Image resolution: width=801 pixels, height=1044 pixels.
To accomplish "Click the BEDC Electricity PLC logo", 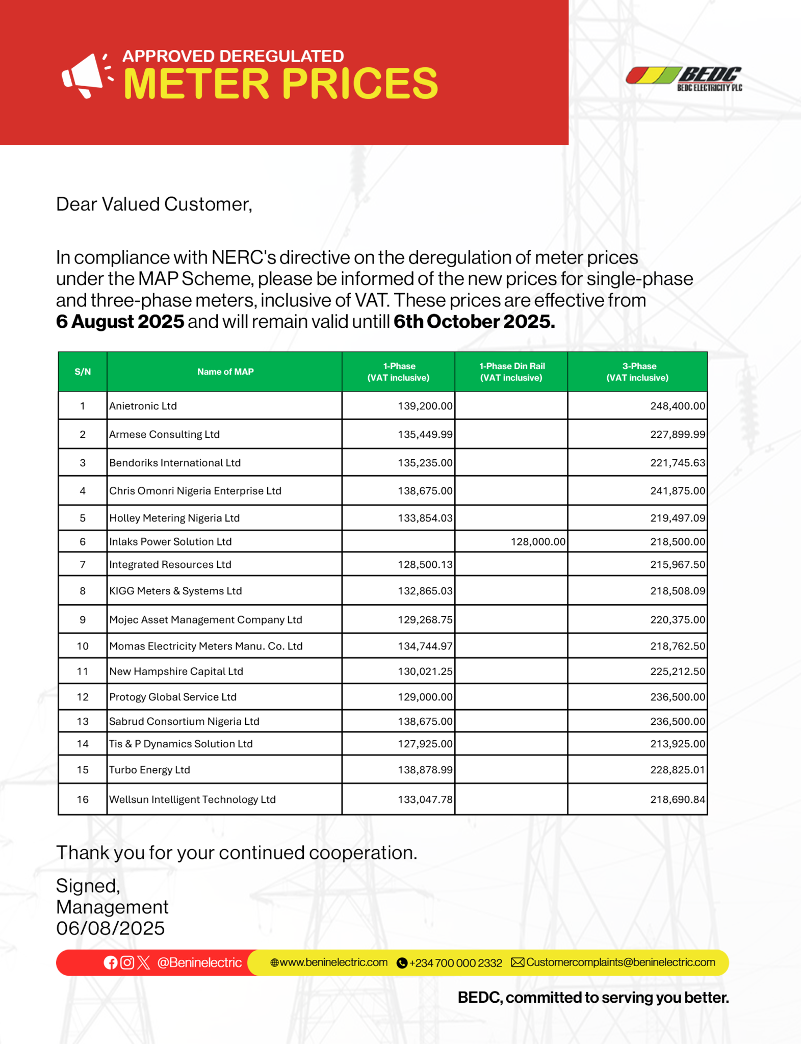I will point(684,79).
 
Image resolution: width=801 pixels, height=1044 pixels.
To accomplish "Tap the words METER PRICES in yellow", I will point(280,84).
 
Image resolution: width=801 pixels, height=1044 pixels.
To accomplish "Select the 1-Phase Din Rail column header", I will point(511,372).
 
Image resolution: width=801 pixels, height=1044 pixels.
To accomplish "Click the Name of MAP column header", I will point(225,372).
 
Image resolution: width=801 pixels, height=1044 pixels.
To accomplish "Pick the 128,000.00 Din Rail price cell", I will point(538,541).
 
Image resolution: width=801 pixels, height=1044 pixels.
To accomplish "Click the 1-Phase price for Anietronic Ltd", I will point(425,406).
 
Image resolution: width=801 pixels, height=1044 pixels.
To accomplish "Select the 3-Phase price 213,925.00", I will point(677,744).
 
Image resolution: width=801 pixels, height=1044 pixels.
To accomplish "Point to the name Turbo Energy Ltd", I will point(149,770).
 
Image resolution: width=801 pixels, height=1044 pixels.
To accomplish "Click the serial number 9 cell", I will point(83,619).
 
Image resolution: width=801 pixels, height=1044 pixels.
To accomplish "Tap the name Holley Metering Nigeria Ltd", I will point(174,518).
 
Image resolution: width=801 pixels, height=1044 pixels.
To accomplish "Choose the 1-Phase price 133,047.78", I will point(425,799).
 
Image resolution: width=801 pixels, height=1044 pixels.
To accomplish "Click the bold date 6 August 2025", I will point(120,322).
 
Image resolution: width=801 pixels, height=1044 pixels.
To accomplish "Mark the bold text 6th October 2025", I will point(474,322).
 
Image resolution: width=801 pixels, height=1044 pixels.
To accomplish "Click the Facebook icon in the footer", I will point(111,962).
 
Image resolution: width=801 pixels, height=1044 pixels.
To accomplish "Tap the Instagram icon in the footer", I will point(127,962).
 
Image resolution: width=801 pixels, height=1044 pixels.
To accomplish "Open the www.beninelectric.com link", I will point(333,962).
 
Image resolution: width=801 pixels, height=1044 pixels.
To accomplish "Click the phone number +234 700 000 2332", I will point(455,963).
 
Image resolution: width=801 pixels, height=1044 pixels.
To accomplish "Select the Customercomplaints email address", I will point(620,962).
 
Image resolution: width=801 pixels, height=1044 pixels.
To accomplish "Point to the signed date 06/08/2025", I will point(111,928).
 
